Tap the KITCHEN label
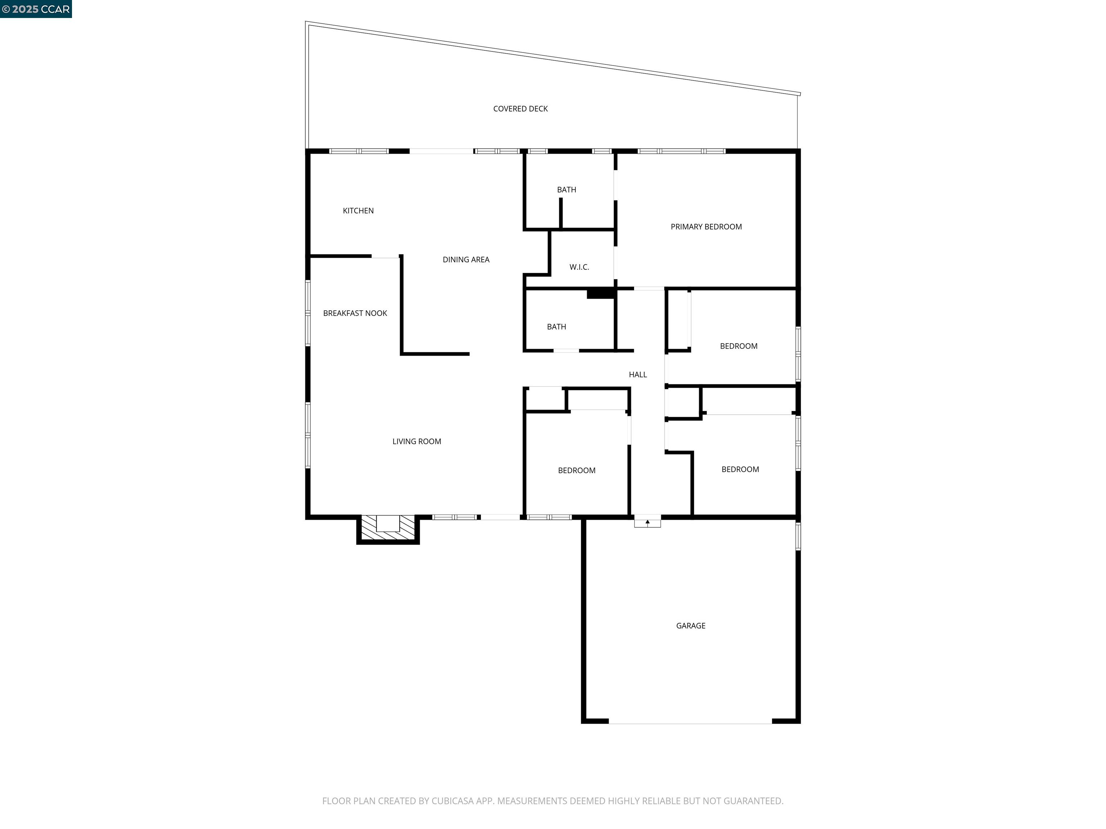click(358, 211)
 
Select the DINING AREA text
click(466, 259)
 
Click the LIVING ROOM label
click(417, 441)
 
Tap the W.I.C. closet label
click(579, 267)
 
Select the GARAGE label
click(691, 626)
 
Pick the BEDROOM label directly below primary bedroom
click(738, 346)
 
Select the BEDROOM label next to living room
click(576, 471)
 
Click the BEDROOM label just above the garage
click(740, 470)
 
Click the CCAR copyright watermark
click(36, 9)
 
